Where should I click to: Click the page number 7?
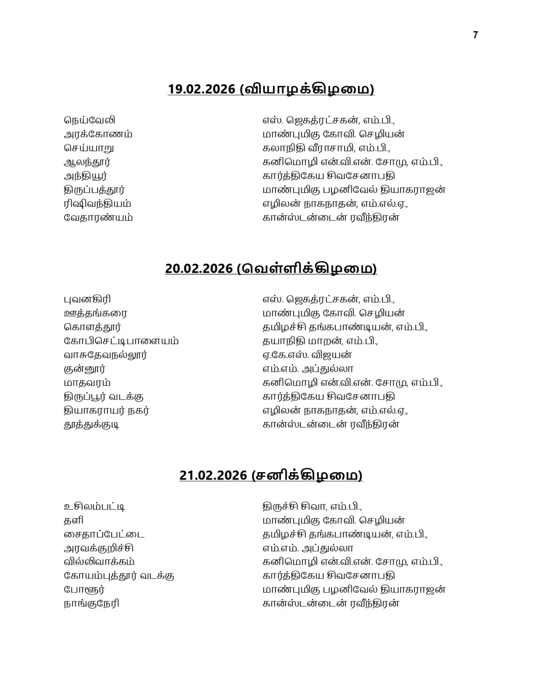[x=475, y=35]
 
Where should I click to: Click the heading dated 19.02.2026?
[x=271, y=89]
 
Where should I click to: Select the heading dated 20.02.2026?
[x=271, y=268]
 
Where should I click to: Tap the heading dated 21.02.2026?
[x=271, y=475]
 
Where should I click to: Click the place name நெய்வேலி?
[x=89, y=120]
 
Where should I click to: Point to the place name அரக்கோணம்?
[x=98, y=134]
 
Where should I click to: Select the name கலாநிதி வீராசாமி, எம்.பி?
[x=326, y=148]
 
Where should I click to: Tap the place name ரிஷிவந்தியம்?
[x=97, y=204]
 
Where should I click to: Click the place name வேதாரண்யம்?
[x=98, y=218]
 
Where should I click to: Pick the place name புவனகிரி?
[x=87, y=299]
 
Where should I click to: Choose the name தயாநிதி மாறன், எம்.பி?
[x=320, y=341]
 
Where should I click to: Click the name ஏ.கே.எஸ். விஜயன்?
[x=307, y=355]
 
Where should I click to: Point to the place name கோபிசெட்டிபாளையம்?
[x=121, y=341]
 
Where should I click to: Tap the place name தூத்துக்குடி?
[x=92, y=424]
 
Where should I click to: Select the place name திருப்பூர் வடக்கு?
[x=104, y=397]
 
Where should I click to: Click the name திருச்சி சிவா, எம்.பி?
[x=312, y=506]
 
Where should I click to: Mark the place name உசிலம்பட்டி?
[x=95, y=506]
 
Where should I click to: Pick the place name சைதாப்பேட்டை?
[x=104, y=534]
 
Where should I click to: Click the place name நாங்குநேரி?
[x=92, y=603]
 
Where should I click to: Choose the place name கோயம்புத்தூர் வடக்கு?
[x=119, y=576]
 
